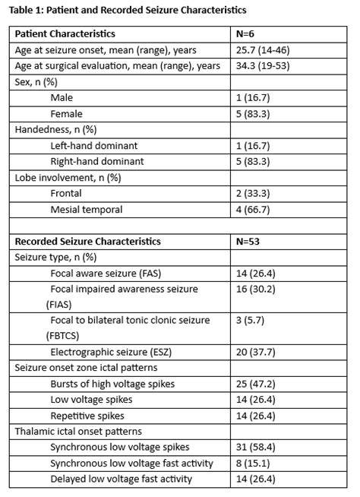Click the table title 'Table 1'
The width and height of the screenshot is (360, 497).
point(128,10)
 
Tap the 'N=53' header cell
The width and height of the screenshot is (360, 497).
point(250,241)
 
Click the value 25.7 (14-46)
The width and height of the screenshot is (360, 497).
point(264,50)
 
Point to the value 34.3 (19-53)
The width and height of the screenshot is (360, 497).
point(264,66)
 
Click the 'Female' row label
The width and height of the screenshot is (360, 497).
point(67,114)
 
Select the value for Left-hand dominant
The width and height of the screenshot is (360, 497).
point(254,145)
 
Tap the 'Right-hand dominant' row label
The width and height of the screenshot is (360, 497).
point(96,161)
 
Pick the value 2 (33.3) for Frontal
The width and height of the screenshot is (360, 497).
point(254,193)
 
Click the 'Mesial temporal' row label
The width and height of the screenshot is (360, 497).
point(86,209)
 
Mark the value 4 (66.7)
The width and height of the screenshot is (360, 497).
point(254,209)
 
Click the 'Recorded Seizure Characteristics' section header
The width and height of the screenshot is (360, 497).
point(87,241)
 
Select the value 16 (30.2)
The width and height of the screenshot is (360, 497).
point(257,289)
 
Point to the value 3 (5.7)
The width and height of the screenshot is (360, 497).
point(251,321)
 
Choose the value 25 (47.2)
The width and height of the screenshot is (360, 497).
point(257,384)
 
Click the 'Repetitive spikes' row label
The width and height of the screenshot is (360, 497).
point(87,416)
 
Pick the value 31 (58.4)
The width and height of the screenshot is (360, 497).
point(257,448)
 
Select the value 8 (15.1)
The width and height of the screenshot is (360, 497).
point(254,463)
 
